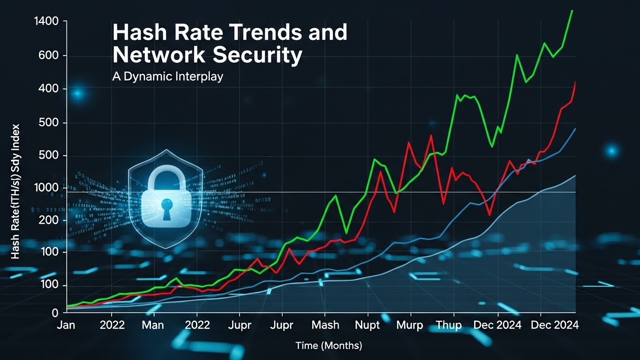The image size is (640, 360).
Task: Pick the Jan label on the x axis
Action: pyautogui.click(x=66, y=325)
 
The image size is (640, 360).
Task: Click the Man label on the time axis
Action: pyautogui.click(x=153, y=325)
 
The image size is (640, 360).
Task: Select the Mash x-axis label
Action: pyautogui.click(x=325, y=325)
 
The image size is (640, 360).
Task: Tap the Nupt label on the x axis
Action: pyautogui.click(x=368, y=325)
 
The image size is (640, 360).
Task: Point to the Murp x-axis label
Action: pyautogui.click(x=409, y=325)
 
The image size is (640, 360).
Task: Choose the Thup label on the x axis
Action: pyautogui.click(x=449, y=325)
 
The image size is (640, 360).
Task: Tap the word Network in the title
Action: pyautogui.click(x=159, y=55)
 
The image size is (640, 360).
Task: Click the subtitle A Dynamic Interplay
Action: pyautogui.click(x=167, y=76)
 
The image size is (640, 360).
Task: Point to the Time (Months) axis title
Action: pyautogui.click(x=329, y=346)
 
